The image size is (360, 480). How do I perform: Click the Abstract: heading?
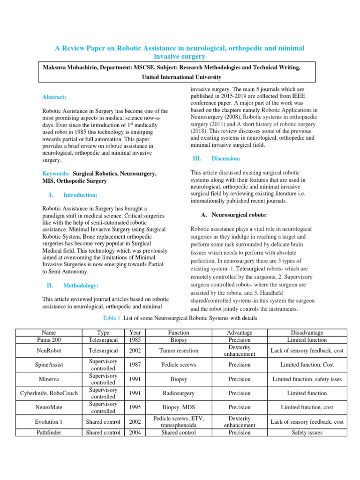pos(54,97)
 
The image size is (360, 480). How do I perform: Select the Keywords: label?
pos(56,173)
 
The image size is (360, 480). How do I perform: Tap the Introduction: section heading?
pos(80,195)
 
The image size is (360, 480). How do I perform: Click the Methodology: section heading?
pos(81,285)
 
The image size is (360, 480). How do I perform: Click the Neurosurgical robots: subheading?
pos(239,215)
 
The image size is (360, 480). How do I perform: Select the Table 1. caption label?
pos(112,319)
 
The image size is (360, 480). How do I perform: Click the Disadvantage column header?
pos(307,332)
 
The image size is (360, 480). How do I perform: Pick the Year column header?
pos(135,332)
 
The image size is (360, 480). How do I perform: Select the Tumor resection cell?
pos(179,350)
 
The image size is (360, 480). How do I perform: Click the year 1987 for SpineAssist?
pos(135,364)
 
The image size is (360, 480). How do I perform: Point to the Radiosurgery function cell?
pos(179,393)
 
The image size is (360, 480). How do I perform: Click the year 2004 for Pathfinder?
pos(135,433)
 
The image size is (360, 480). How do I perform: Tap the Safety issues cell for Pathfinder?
pos(307,433)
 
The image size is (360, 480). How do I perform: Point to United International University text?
pos(181,77)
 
